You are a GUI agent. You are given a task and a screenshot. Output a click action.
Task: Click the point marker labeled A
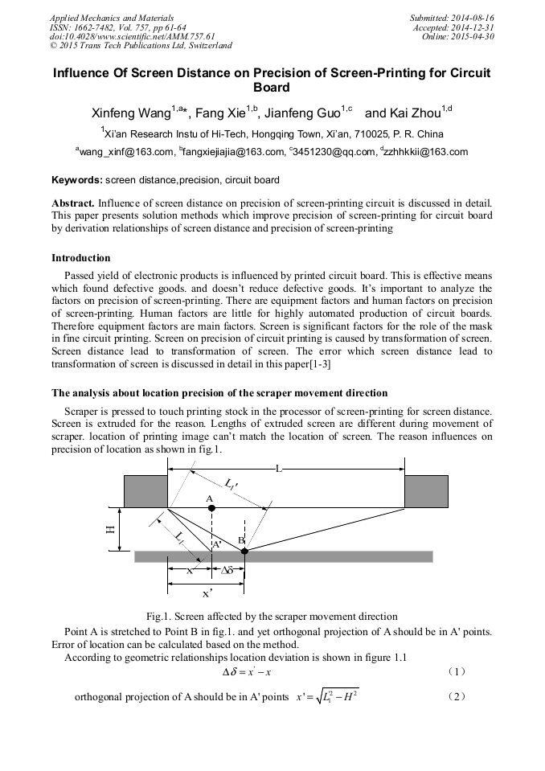[x=211, y=508]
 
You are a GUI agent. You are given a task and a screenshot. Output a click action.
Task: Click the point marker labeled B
[x=244, y=551]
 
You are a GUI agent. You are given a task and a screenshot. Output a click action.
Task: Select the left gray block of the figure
[x=145, y=491]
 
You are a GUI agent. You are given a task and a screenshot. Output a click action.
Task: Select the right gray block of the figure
[x=426, y=491]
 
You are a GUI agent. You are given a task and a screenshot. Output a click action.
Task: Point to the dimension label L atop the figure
[x=279, y=468]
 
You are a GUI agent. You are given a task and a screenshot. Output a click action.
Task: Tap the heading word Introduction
[x=81, y=258]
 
